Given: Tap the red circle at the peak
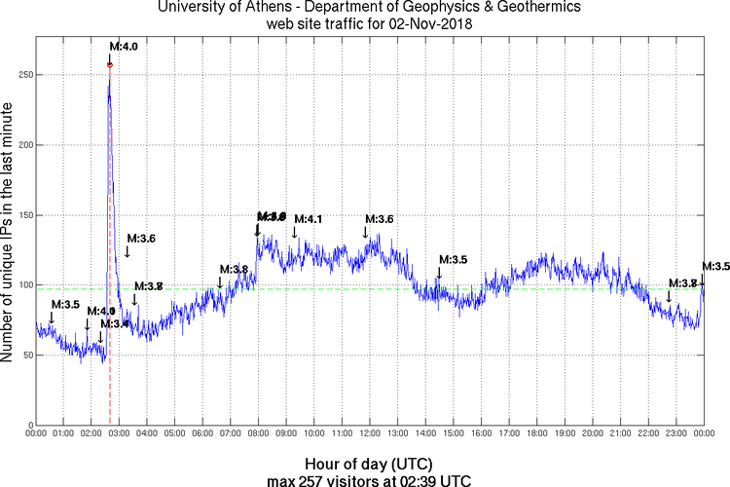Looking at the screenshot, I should [x=110, y=65].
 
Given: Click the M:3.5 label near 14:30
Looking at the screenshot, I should [x=454, y=260].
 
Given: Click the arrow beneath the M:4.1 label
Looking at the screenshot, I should [x=295, y=232].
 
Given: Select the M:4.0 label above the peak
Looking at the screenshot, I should [x=124, y=46].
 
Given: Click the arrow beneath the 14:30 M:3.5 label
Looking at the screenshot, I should [x=439, y=274].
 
